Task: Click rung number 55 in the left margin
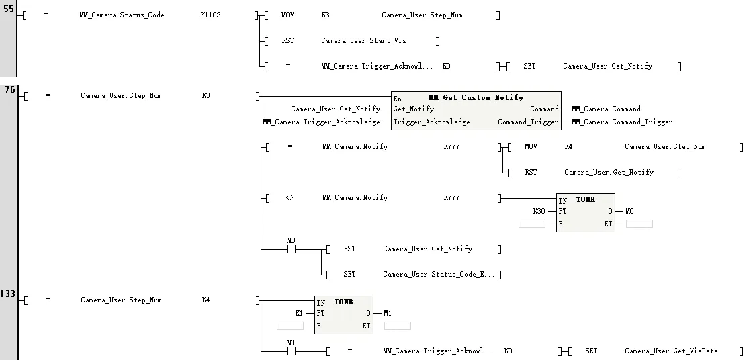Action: click(8, 11)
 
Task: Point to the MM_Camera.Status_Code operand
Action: click(122, 15)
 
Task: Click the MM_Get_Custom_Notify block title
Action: click(476, 98)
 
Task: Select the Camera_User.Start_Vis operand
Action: click(363, 41)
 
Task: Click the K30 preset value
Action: click(539, 211)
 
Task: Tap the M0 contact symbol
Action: click(291, 249)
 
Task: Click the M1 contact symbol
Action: click(291, 351)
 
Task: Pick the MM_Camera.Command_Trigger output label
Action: click(621, 122)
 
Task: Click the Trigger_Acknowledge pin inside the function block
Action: click(431, 122)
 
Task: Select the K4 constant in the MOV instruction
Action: click(568, 147)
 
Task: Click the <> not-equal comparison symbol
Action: click(289, 198)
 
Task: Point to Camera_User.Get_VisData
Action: click(671, 351)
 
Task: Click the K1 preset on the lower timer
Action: click(299, 313)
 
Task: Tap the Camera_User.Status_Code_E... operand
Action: click(439, 275)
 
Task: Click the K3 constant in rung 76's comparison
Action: click(206, 96)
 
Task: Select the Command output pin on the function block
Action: click(544, 109)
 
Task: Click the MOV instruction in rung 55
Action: click(288, 15)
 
